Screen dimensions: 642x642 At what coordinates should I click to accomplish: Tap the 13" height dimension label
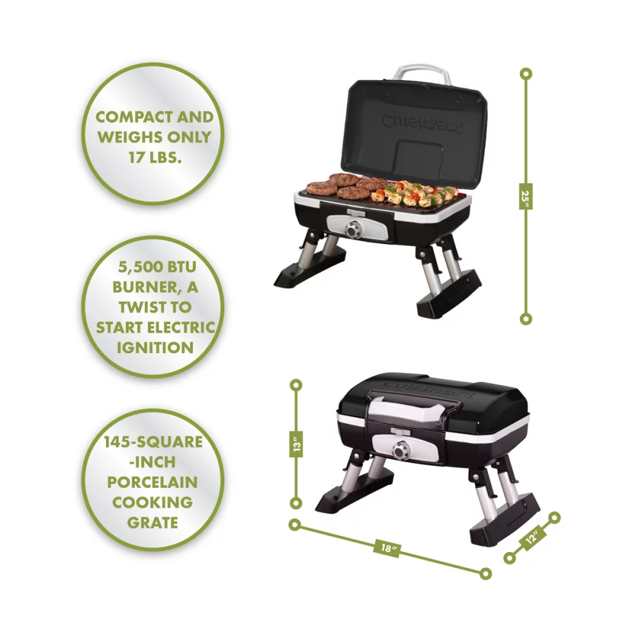click(x=297, y=444)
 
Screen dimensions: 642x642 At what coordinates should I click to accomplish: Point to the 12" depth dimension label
click(x=532, y=538)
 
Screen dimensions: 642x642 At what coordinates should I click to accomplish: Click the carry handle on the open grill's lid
click(x=422, y=72)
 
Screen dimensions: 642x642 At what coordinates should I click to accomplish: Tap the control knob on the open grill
click(x=352, y=229)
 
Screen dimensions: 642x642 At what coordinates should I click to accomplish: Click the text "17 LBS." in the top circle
click(x=154, y=156)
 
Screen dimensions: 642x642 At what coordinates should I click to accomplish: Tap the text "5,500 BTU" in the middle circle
click(x=154, y=267)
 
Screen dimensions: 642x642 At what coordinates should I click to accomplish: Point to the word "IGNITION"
click(x=154, y=347)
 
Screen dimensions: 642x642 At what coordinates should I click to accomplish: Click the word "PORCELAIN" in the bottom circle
click(x=153, y=482)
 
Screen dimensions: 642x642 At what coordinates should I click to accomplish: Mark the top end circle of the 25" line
click(x=526, y=74)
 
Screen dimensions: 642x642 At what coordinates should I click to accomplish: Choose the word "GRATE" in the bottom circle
click(x=153, y=522)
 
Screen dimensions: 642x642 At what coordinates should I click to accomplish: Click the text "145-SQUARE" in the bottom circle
click(x=153, y=442)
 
